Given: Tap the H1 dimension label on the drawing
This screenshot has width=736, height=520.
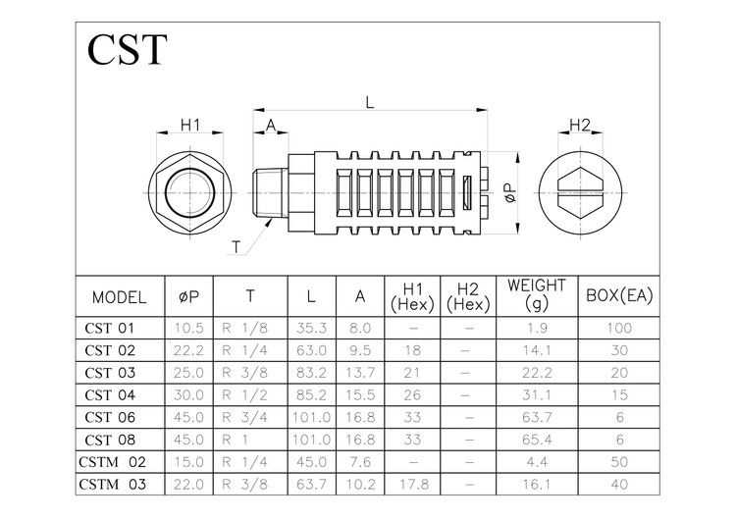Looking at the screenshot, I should [189, 125].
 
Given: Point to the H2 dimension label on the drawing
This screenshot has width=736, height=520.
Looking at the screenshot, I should [580, 125].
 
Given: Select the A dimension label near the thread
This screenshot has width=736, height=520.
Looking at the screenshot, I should [270, 125].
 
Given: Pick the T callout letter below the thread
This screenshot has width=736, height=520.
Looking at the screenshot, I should [237, 246].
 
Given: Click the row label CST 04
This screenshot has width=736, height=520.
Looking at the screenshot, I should [110, 395].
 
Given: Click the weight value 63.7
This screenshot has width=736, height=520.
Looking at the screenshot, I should [536, 418].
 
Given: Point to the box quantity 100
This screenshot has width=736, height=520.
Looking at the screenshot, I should [619, 327].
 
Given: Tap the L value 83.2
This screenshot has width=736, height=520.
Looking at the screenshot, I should [311, 373].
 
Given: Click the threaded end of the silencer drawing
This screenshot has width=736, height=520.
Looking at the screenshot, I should [271, 194].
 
